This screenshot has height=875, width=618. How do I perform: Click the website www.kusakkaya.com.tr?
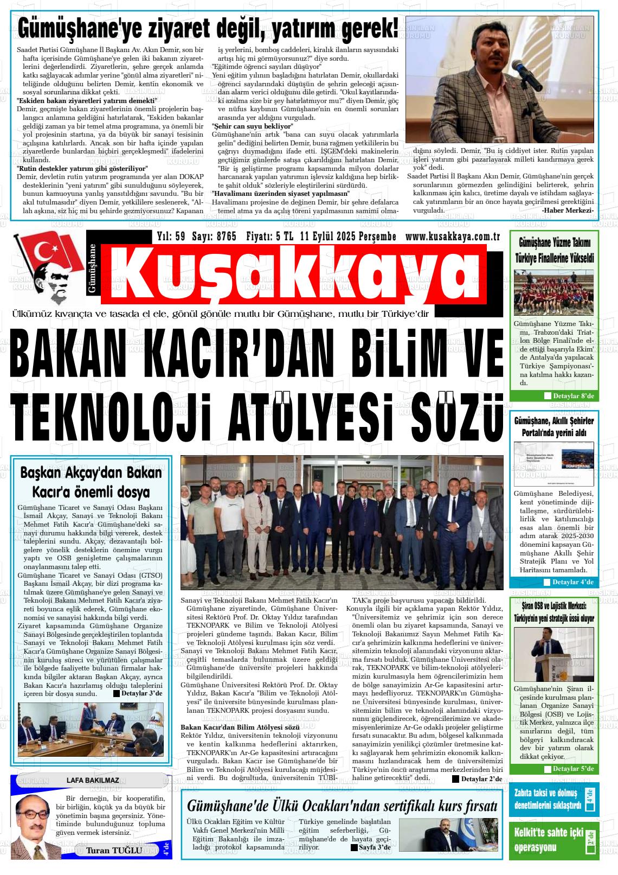tap(452, 237)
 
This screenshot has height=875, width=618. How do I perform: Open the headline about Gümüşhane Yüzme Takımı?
tap(554, 250)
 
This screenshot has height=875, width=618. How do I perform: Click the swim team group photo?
tap(554, 293)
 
